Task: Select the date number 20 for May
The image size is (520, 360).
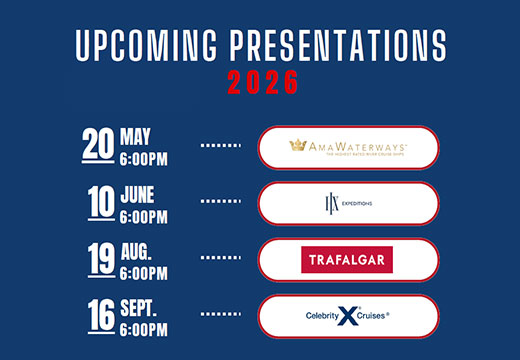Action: coord(98,146)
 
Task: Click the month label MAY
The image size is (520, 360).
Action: coord(135,136)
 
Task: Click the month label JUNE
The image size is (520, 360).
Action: coord(138,194)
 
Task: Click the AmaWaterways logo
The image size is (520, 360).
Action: coord(347,147)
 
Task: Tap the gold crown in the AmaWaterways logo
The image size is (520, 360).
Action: coord(297,145)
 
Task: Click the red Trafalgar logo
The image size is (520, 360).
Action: coord(347,260)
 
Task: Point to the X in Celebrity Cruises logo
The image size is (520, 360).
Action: coord(347,317)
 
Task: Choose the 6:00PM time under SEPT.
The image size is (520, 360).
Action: coord(144,327)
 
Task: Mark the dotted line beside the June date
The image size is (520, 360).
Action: coord(221,203)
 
